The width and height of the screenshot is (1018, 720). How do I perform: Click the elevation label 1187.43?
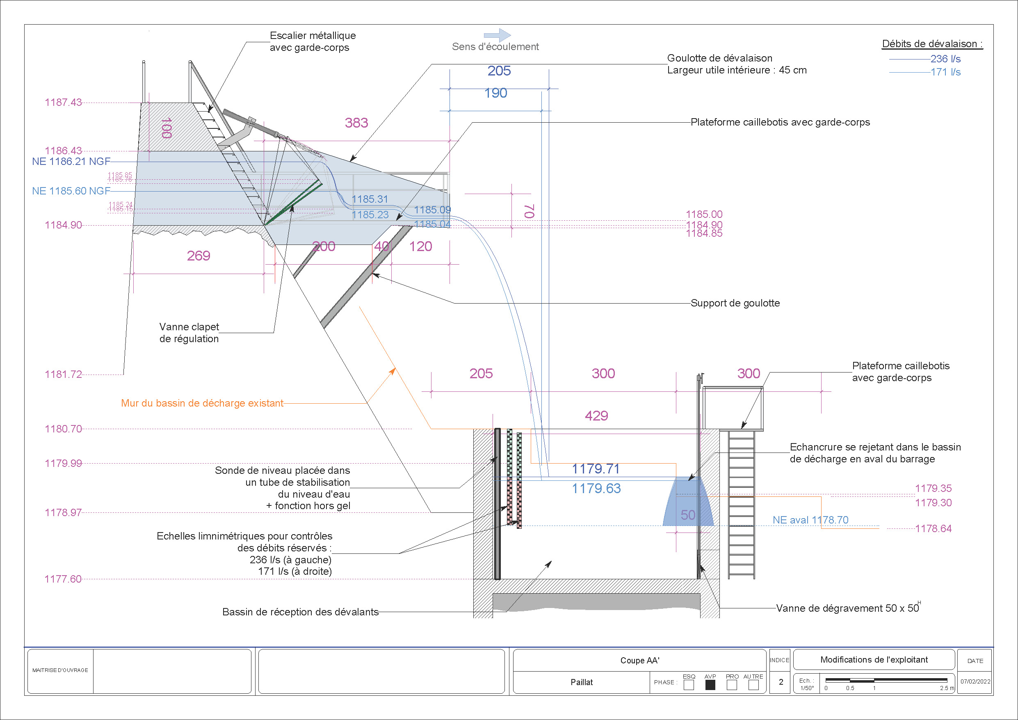(63, 103)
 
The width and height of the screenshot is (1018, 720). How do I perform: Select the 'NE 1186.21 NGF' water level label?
(71, 162)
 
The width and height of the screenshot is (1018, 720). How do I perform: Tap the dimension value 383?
(356, 123)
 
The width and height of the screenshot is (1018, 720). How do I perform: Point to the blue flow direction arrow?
(498, 35)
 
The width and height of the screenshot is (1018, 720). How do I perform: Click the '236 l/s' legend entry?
(945, 59)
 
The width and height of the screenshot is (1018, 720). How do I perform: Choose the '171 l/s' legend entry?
(945, 72)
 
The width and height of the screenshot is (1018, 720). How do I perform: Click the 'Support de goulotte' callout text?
(735, 303)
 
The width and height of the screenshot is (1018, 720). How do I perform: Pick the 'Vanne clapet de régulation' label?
(189, 333)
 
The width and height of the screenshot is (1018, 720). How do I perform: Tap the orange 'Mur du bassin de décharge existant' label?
(202, 403)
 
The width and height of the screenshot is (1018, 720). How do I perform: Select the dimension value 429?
(596, 416)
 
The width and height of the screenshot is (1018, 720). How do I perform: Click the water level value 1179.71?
(596, 469)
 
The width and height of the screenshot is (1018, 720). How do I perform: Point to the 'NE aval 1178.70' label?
(810, 520)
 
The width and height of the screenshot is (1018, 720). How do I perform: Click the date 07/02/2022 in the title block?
(975, 681)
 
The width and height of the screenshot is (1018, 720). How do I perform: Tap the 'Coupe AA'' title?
(640, 661)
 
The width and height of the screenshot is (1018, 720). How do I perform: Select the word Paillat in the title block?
(582, 682)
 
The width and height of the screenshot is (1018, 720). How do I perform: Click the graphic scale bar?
(886, 680)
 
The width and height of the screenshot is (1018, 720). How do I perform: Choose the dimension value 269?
(198, 256)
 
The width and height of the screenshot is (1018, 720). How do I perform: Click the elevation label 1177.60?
(63, 579)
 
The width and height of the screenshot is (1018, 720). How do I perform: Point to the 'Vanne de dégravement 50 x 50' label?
(847, 608)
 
